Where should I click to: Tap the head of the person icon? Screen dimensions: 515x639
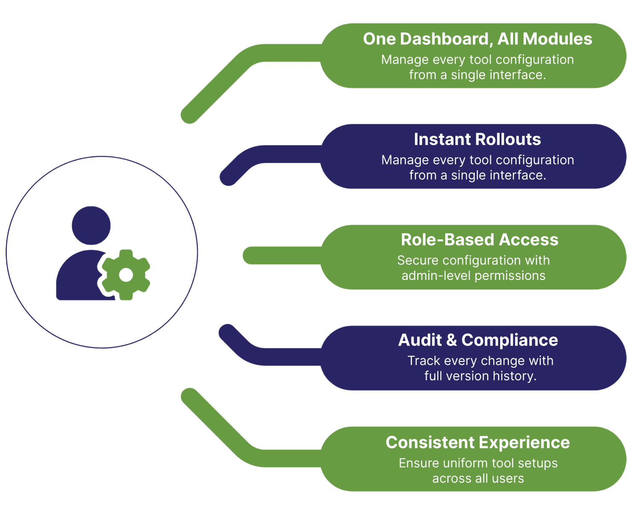(x=91, y=225)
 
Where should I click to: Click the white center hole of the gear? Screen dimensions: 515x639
(x=126, y=275)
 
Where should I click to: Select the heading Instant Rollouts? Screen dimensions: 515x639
(x=477, y=140)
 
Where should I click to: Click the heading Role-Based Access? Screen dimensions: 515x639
(x=479, y=240)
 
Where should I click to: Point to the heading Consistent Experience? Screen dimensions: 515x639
(x=478, y=442)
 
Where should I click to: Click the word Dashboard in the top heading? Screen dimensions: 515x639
(x=445, y=39)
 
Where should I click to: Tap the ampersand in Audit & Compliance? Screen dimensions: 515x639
(x=451, y=340)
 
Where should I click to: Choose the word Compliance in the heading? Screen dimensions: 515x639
(x=509, y=340)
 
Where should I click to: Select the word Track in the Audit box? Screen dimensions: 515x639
(x=423, y=361)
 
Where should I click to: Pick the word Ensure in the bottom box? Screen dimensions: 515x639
(x=418, y=463)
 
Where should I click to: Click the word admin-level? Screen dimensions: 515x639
(x=435, y=276)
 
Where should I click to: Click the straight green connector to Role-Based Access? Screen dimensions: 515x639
(x=281, y=255)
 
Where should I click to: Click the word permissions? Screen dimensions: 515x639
(x=509, y=276)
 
